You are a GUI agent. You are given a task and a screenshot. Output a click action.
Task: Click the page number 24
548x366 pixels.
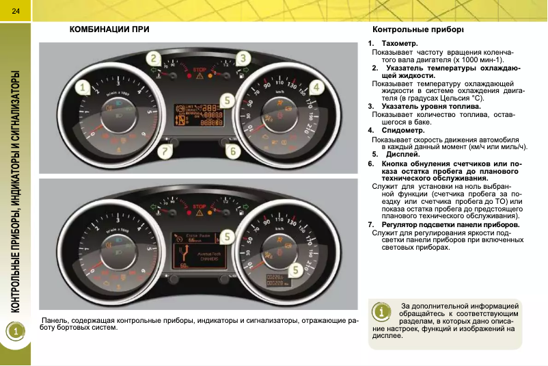coord(15,8)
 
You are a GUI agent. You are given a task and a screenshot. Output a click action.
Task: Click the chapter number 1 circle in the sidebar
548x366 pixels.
coord(15,331)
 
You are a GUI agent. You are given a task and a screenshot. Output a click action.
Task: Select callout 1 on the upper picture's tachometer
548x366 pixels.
coord(83,88)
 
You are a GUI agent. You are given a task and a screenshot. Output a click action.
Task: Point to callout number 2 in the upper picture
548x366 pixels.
coord(155,60)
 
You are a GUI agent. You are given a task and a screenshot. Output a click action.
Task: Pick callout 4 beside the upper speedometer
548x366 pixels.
coord(316,88)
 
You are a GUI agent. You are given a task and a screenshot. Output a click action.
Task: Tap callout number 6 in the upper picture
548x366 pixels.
coord(233,150)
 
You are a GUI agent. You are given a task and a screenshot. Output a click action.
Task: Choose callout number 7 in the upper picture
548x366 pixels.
coord(164,150)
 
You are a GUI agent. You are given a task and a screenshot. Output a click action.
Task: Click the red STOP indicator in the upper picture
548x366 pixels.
coord(200,70)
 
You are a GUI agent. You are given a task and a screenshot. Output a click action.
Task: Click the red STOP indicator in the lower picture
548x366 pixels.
coord(200,205)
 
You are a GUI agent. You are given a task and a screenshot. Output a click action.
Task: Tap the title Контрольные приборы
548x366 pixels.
coord(417,30)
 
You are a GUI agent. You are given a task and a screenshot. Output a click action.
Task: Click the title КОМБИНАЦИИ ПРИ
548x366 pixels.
coord(109,30)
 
